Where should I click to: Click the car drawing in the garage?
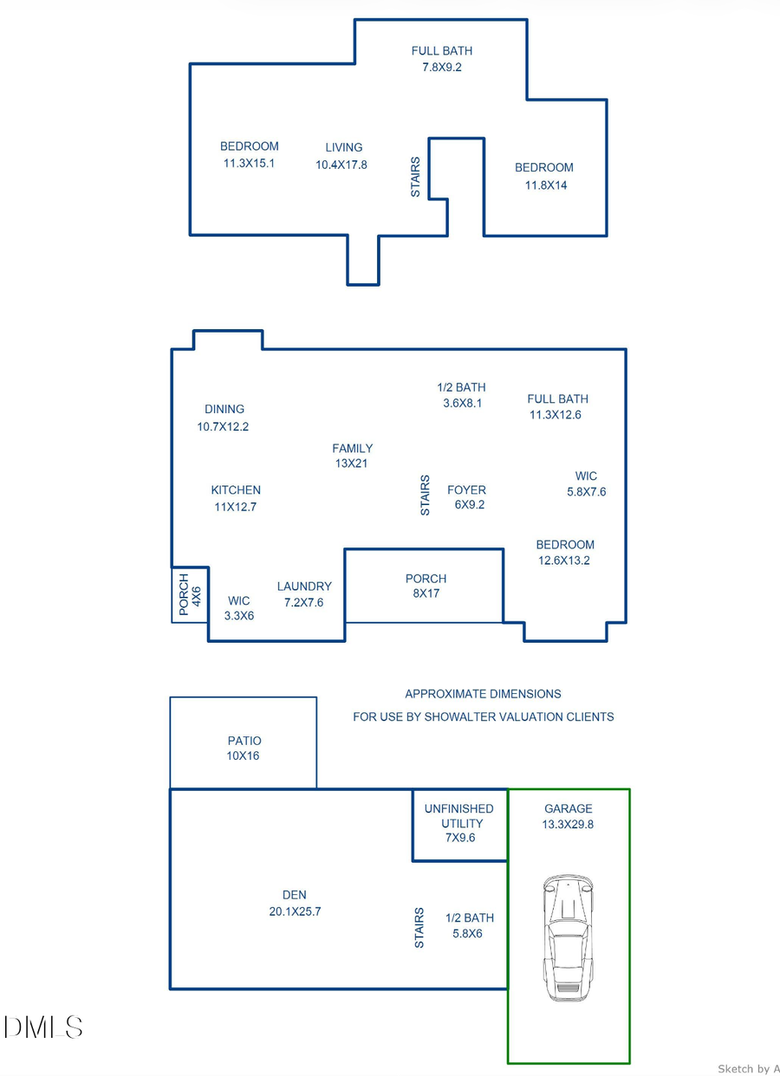coord(568,938)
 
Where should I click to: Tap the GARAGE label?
coord(569,808)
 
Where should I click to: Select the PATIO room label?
coord(244,741)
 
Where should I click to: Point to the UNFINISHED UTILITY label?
coord(458,816)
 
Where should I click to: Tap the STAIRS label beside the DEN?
coord(419,928)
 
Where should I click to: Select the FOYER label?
coord(466,489)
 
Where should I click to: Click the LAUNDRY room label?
coord(304,587)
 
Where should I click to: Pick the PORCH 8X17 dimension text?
coord(426,594)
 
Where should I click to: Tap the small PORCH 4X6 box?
coord(190,594)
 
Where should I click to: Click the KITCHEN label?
coord(236,490)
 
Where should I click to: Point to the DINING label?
coord(224,409)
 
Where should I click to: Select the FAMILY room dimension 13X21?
coord(352,463)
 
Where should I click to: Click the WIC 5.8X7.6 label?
coord(586,483)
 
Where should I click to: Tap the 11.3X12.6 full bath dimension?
coord(556,415)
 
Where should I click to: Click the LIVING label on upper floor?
coord(344,147)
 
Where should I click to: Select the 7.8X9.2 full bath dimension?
coord(441,67)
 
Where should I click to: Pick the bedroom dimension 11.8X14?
coord(546,185)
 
